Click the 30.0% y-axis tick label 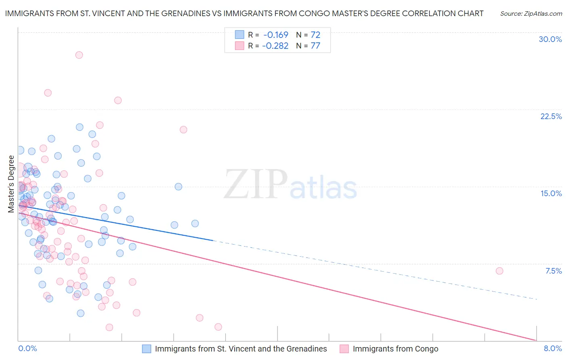(550, 39)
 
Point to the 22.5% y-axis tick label (551, 116)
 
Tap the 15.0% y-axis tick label (551, 193)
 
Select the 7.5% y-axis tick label (553, 271)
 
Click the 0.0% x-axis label (27, 349)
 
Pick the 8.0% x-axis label (552, 349)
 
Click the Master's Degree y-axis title (11, 184)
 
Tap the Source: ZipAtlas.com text (531, 14)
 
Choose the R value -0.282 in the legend (275, 46)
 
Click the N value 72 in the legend (315, 35)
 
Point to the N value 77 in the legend (315, 46)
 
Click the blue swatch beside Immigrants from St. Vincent (146, 349)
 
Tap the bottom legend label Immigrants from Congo (395, 349)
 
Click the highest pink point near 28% (79, 55)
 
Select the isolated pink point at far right (499, 271)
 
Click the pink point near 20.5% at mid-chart (183, 130)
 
